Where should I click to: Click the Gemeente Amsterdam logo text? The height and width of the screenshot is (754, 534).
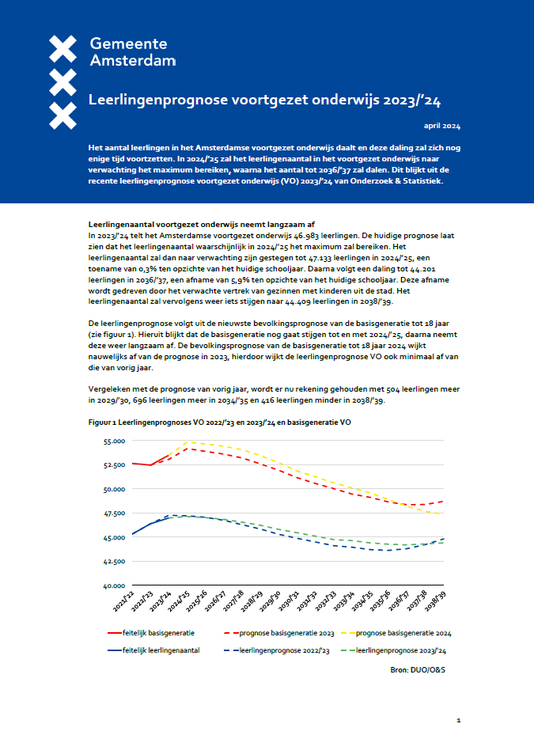coord(132,52)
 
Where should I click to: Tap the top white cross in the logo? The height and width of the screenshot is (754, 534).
coord(62,48)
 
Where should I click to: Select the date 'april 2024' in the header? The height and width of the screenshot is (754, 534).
coord(442,127)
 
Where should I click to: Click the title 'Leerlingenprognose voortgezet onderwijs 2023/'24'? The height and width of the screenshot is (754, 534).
coord(275,101)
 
